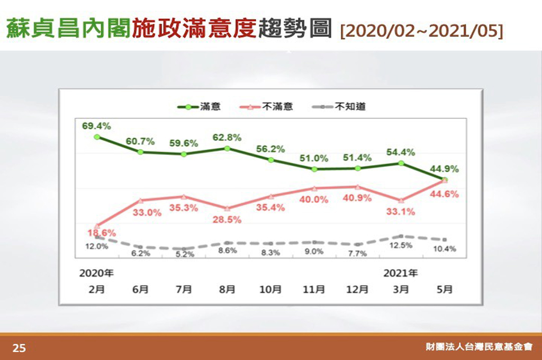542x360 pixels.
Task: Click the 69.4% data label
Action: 96,126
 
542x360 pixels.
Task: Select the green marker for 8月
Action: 227,148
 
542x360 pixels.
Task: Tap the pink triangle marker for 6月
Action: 140,201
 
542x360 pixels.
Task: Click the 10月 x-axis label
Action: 270,290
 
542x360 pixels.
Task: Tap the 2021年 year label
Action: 401,274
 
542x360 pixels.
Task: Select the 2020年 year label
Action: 96,274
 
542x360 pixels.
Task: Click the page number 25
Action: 19,348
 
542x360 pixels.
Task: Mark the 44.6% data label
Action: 445,194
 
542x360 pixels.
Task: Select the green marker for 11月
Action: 314,169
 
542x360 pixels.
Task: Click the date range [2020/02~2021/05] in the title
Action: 422,30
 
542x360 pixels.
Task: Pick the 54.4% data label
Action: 401,152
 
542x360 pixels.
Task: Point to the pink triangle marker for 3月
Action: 401,201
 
